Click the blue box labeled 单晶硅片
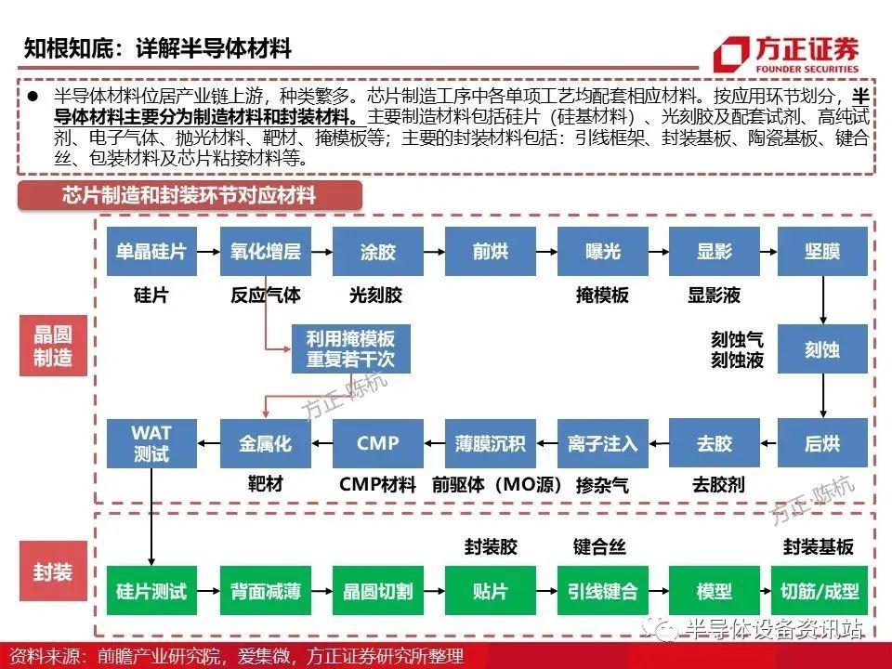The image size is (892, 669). pyautogui.click(x=151, y=252)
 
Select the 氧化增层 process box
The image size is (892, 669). pyautogui.click(x=265, y=252)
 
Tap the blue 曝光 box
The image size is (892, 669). pyautogui.click(x=602, y=252)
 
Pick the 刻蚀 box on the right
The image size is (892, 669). pyautogui.click(x=822, y=348)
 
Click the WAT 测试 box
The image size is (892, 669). pyautogui.click(x=151, y=443)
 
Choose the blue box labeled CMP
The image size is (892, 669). pyautogui.click(x=378, y=443)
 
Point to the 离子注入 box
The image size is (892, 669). pyautogui.click(x=602, y=443)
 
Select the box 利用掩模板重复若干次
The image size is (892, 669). pyautogui.click(x=351, y=348)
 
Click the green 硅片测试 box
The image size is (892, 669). pyautogui.click(x=151, y=591)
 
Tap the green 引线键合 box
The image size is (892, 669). pyautogui.click(x=602, y=591)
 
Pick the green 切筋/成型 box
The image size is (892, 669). pyautogui.click(x=820, y=591)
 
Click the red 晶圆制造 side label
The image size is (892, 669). pyautogui.click(x=54, y=346)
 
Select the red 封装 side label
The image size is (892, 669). pyautogui.click(x=54, y=571)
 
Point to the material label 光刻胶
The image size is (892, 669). pyautogui.click(x=376, y=295)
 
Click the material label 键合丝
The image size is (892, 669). pyautogui.click(x=599, y=546)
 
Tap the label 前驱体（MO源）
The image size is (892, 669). pyautogui.click(x=496, y=485)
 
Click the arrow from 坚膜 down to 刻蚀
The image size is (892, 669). pyautogui.click(x=822, y=300)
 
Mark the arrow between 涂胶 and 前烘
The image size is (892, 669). pyautogui.click(x=434, y=252)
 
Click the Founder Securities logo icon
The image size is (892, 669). pyautogui.click(x=731, y=55)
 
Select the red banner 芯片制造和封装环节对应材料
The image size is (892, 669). pyautogui.click(x=190, y=196)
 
